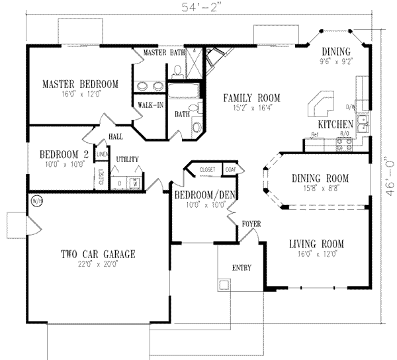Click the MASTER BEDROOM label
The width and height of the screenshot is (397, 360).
(x=80, y=84)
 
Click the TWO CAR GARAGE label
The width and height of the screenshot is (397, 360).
(x=97, y=253)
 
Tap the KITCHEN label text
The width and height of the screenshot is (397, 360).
(x=335, y=124)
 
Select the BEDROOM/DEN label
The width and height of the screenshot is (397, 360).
(x=201, y=195)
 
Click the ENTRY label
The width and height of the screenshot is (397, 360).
(x=241, y=267)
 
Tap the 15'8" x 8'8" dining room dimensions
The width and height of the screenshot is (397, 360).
(x=318, y=188)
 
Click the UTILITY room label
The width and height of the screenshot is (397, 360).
(x=126, y=159)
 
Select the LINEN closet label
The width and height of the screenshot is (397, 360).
(x=102, y=154)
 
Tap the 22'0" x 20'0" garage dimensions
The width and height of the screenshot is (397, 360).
(x=97, y=264)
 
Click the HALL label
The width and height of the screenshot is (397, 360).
(x=116, y=136)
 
